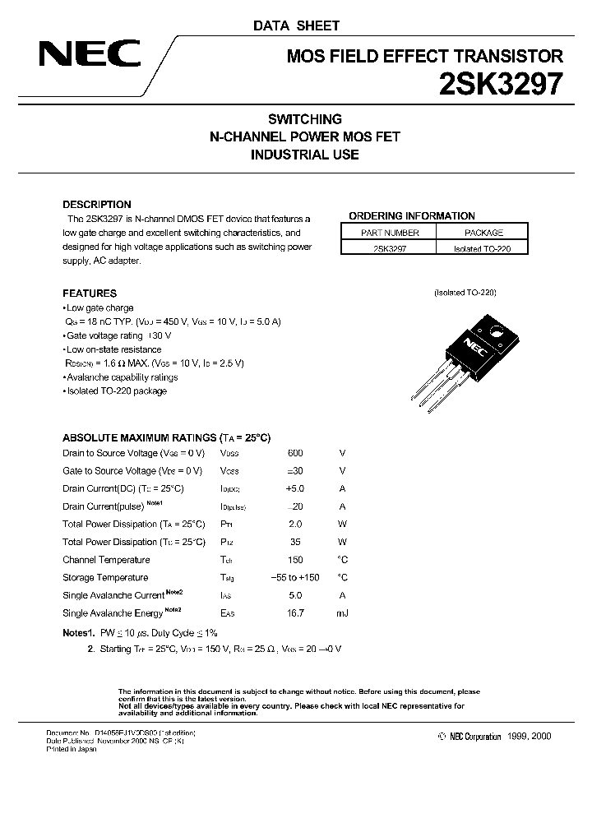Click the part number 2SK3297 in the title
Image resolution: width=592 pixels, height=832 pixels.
coord(505,84)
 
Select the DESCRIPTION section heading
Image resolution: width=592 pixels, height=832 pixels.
coord(97,205)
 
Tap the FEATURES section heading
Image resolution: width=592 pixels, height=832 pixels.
coord(90,294)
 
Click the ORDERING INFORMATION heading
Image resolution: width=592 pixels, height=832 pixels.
coord(412,216)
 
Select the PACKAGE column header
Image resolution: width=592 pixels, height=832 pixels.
coord(482,233)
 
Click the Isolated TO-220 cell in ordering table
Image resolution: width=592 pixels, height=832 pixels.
coord(482,247)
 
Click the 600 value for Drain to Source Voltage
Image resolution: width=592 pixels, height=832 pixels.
coord(295,453)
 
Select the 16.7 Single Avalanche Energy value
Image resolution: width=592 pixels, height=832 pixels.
coord(295,613)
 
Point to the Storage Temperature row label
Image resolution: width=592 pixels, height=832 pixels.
coord(105,578)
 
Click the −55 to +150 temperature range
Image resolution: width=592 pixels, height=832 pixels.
coord(295,578)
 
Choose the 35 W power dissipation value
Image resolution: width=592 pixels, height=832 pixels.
coord(295,543)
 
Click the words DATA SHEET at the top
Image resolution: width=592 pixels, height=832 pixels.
coord(295,25)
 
